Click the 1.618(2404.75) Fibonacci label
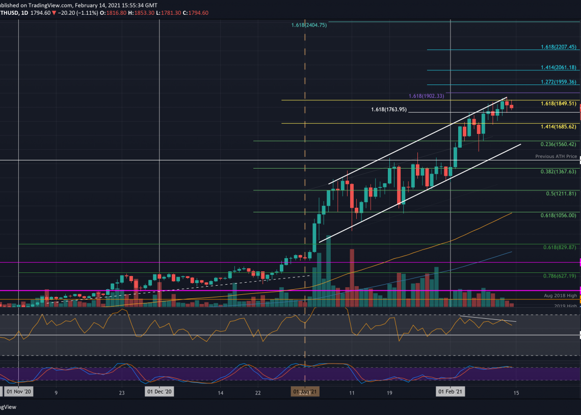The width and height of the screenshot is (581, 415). (x=309, y=25)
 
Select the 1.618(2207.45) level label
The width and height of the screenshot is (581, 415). (x=559, y=47)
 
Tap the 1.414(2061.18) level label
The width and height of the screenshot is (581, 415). (x=559, y=67)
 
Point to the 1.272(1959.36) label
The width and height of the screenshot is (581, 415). (x=559, y=82)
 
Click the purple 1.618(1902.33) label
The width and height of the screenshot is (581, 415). (x=427, y=96)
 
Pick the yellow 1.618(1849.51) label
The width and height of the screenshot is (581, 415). (x=559, y=103)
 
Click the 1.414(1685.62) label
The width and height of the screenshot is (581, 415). (x=559, y=126)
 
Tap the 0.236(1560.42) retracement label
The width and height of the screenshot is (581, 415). (x=559, y=144)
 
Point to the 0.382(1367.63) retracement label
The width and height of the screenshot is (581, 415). (x=559, y=172)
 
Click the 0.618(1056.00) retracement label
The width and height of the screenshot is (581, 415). (x=559, y=215)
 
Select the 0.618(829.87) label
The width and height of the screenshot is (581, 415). (x=560, y=247)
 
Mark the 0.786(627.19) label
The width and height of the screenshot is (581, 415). (x=560, y=275)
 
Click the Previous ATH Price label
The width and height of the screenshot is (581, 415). (x=556, y=156)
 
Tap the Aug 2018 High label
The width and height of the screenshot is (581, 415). (x=561, y=295)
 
